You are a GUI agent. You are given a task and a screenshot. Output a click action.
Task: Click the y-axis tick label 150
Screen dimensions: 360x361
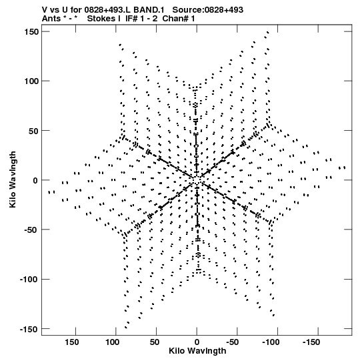tap(31, 32)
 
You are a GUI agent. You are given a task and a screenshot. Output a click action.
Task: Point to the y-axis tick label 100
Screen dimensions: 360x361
tap(31, 81)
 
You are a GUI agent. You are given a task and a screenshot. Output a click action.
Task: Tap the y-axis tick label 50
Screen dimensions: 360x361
tap(34, 131)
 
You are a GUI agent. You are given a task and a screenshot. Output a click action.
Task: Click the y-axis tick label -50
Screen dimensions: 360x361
tap(31, 230)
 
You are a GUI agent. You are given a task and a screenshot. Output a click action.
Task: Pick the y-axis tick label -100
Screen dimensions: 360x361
tap(29, 280)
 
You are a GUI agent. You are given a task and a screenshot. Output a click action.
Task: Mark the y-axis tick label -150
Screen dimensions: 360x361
tap(29, 329)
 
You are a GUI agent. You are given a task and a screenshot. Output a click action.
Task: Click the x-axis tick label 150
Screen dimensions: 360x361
tap(71, 342)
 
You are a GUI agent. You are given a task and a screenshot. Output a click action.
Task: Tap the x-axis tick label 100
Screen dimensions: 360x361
tap(112, 342)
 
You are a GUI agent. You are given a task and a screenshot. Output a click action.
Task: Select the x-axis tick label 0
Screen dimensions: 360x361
tap(197, 342)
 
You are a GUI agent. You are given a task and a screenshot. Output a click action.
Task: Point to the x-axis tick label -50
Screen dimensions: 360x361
tap(233, 342)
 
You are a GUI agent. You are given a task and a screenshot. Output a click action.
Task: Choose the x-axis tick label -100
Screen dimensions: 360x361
tap(271, 342)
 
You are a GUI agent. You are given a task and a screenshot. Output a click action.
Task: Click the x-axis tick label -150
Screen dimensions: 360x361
tap(311, 342)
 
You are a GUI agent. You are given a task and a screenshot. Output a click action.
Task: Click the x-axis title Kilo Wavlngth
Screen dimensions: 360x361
tap(197, 351)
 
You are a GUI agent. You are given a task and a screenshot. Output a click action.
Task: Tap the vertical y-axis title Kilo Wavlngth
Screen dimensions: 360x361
tap(13, 179)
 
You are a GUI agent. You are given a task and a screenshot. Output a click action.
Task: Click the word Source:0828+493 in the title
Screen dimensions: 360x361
tap(208, 10)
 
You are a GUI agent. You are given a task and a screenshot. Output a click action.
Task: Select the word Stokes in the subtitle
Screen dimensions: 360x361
tap(104, 19)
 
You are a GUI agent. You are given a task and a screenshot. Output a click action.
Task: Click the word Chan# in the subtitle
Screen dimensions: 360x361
tap(176, 19)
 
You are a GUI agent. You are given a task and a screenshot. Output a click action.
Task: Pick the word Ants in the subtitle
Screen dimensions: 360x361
tap(51, 19)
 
